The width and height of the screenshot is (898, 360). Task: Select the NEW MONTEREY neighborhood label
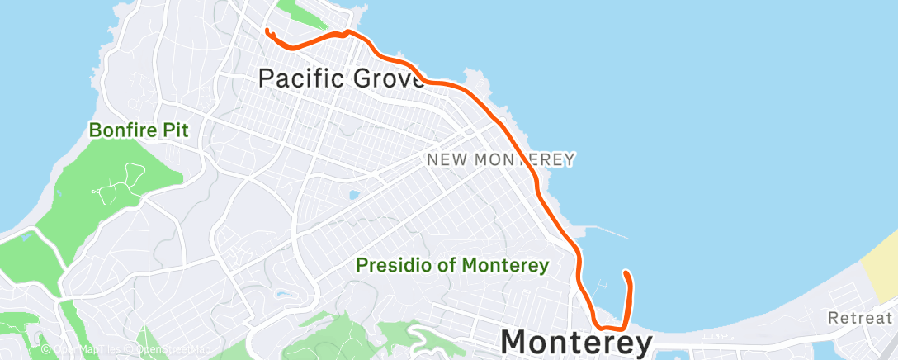pos(501,159)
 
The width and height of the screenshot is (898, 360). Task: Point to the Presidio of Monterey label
pos(452,266)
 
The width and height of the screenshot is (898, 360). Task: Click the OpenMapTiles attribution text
pos(82,349)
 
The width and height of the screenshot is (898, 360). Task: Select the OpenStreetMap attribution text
pos(173,349)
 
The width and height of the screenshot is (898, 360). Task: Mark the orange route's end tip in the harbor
pos(626,272)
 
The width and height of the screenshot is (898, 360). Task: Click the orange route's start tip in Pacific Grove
pos(267,31)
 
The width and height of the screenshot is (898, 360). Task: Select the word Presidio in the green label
pos(389,266)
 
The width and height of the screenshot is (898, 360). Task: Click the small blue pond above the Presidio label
pos(354,196)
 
